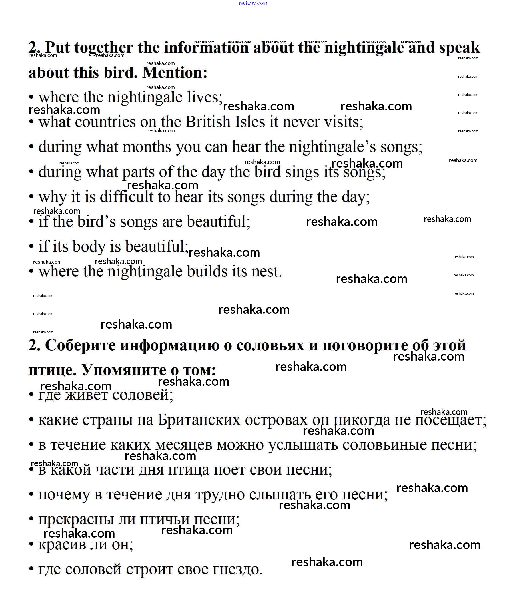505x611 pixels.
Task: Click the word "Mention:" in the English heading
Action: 175,73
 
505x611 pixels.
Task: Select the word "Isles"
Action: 250,122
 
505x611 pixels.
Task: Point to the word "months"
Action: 147,147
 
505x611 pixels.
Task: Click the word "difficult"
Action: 126,197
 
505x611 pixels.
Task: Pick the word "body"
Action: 89,247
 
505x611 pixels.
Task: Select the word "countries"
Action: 105,122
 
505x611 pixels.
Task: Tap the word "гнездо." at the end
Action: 237,569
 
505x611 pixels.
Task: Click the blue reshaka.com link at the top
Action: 252,3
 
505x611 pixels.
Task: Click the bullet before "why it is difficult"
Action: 31,197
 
